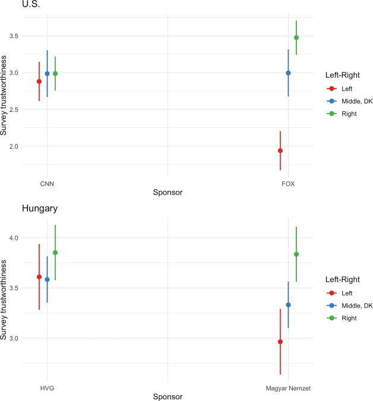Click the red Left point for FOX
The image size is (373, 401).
pyautogui.click(x=280, y=151)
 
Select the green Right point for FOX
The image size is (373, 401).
pyautogui.click(x=296, y=37)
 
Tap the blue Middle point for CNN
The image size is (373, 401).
pyautogui.click(x=48, y=74)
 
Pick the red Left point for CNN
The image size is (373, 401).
pyautogui.click(x=39, y=82)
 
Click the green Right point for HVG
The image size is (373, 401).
pyautogui.click(x=55, y=253)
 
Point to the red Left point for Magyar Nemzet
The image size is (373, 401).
pyautogui.click(x=280, y=342)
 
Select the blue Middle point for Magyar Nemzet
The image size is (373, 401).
pyautogui.click(x=288, y=305)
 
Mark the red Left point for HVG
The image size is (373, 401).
pyautogui.click(x=39, y=277)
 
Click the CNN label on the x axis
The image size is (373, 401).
pyautogui.click(x=48, y=184)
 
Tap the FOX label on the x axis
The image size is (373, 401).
pyautogui.click(x=288, y=184)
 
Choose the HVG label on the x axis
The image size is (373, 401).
pyautogui.click(x=48, y=388)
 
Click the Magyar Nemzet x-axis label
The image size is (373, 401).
pyautogui.click(x=288, y=388)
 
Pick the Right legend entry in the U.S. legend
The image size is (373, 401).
pyautogui.click(x=349, y=113)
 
